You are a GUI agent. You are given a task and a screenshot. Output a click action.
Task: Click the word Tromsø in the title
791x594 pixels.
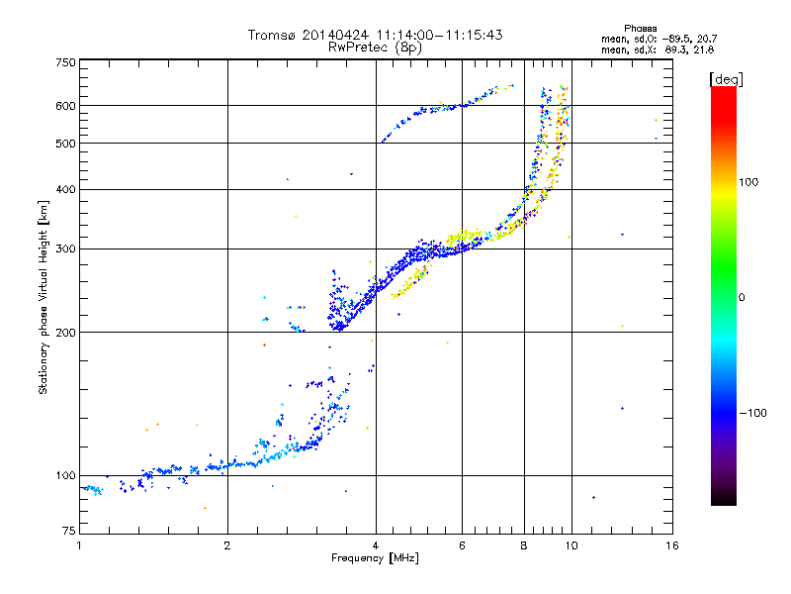coord(271,35)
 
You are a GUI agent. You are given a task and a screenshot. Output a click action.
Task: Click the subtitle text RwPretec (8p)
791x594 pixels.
coord(375,48)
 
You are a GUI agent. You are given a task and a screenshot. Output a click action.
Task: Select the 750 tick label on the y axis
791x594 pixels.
coord(65,62)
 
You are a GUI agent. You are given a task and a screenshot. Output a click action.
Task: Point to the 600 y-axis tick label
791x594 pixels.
coord(65,106)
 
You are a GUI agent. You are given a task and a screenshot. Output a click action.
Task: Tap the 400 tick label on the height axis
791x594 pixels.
coord(65,190)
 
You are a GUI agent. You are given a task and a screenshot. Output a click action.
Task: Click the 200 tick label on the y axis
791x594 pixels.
coord(65,333)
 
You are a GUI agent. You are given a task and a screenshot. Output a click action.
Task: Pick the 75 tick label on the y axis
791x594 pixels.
coord(69,531)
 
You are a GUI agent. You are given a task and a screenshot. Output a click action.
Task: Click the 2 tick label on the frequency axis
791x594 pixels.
coord(227,545)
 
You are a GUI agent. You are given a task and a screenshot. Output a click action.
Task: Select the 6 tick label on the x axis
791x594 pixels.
coord(462,545)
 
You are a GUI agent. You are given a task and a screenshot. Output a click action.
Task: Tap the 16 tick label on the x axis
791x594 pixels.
coord(672,545)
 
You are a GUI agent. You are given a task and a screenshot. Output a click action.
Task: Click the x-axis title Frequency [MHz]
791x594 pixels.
coord(375,558)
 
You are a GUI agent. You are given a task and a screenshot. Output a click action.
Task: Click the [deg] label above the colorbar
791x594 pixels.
coord(726,80)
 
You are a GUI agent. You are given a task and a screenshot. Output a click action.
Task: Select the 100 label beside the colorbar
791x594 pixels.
coord(748,182)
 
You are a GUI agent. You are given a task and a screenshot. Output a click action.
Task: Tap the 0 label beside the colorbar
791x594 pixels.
coord(742,298)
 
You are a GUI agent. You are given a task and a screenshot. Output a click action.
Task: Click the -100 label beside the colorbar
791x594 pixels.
coord(753,413)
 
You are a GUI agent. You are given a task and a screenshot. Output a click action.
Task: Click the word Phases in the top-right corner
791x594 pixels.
coord(641,29)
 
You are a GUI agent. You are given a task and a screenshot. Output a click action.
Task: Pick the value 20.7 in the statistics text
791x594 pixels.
coord(707,40)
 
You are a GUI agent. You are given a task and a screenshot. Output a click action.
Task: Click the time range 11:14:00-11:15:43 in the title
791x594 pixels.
coord(439,35)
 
